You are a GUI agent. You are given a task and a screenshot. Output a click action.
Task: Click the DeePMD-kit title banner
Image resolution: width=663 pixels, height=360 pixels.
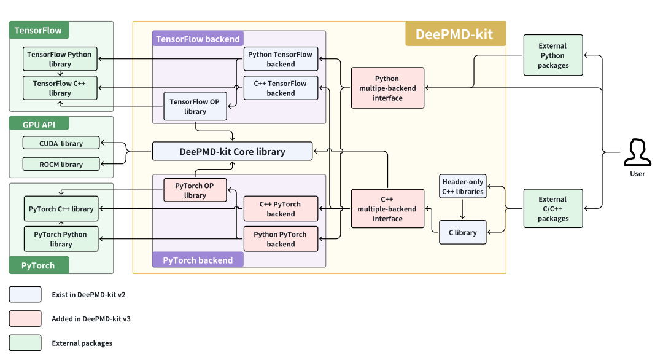pos(455,34)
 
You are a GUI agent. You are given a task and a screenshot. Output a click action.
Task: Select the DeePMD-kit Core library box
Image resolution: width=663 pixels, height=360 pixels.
pos(232,151)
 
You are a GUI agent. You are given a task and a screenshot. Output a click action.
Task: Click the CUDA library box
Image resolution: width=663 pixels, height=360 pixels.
pos(61,143)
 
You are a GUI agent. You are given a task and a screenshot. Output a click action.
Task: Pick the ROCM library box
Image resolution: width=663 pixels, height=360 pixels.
pos(61,164)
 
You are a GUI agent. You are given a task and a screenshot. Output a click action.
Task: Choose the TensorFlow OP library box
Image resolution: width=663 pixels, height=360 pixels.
pos(195,106)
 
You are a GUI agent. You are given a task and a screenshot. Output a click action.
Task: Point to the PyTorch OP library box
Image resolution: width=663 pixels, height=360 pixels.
pos(195,190)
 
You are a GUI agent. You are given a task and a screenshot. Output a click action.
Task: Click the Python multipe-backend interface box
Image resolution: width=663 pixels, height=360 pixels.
pos(387,88)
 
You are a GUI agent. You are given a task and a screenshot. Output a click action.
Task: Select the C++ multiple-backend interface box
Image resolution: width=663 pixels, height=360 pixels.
pos(387,209)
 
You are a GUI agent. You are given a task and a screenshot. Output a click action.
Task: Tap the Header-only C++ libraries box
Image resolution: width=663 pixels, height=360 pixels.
pos(463,186)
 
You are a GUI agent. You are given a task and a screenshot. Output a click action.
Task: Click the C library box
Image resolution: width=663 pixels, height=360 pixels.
pos(463,232)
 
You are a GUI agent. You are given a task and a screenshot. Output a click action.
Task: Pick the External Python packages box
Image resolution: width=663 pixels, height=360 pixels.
pos(552,55)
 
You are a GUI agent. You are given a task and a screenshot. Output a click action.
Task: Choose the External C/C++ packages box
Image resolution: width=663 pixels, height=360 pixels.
pos(552,209)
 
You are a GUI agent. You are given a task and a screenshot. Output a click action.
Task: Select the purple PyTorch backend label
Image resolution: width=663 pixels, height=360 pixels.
pos(198,260)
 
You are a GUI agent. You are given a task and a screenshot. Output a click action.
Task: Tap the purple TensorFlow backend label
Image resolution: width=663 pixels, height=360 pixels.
pos(198,39)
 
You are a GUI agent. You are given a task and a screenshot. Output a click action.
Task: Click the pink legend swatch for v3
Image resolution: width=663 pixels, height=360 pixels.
pos(25,318)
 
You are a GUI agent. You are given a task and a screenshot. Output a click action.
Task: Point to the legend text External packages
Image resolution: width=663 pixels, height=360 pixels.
pos(82,343)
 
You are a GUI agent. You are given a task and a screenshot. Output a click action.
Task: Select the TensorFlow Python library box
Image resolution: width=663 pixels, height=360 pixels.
pos(60,59)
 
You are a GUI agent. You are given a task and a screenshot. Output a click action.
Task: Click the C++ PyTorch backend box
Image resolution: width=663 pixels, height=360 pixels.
pos(281,209)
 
